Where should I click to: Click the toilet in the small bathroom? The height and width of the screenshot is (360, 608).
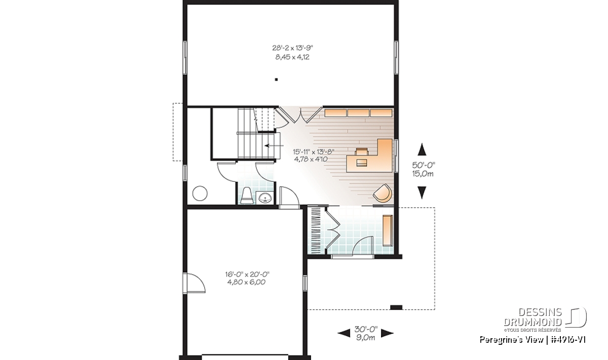coord(247,195)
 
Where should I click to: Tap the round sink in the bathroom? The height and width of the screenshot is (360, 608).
coord(265,198)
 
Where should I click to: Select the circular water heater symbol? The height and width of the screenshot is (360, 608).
coord(200,193)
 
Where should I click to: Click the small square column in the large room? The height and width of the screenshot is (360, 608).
coord(276,79)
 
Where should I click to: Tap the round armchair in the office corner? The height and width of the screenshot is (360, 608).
coord(383,193)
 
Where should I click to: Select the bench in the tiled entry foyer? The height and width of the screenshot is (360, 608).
coord(388,230)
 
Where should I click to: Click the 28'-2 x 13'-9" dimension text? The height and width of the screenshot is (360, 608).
coord(293,48)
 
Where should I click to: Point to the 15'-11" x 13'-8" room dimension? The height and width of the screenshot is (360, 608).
coord(314,151)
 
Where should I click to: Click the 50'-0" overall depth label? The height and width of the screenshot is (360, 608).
coord(424,165)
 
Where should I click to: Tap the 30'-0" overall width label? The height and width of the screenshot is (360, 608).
coord(366,329)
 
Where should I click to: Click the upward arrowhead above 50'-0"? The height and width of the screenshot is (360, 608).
coord(422,149)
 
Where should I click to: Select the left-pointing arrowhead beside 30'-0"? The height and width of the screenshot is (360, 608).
coord(344,333)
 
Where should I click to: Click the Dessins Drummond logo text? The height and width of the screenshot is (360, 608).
coord(533,317)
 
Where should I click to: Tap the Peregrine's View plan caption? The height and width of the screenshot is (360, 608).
coord(533,340)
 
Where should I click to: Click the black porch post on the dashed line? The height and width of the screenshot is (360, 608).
coord(396,307)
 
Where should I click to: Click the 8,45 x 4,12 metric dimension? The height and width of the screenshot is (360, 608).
coord(292,57)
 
